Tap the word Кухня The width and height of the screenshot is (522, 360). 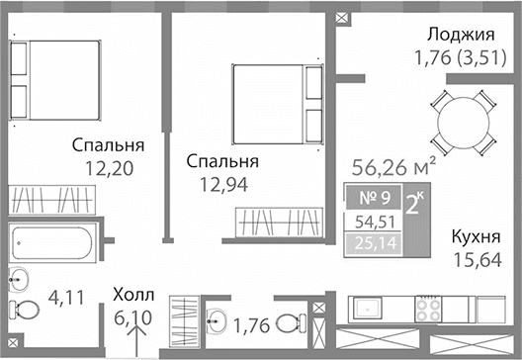tap(475, 237)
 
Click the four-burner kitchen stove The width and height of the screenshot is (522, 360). tap(430, 310)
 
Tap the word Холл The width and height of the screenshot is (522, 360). tap(132, 294)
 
